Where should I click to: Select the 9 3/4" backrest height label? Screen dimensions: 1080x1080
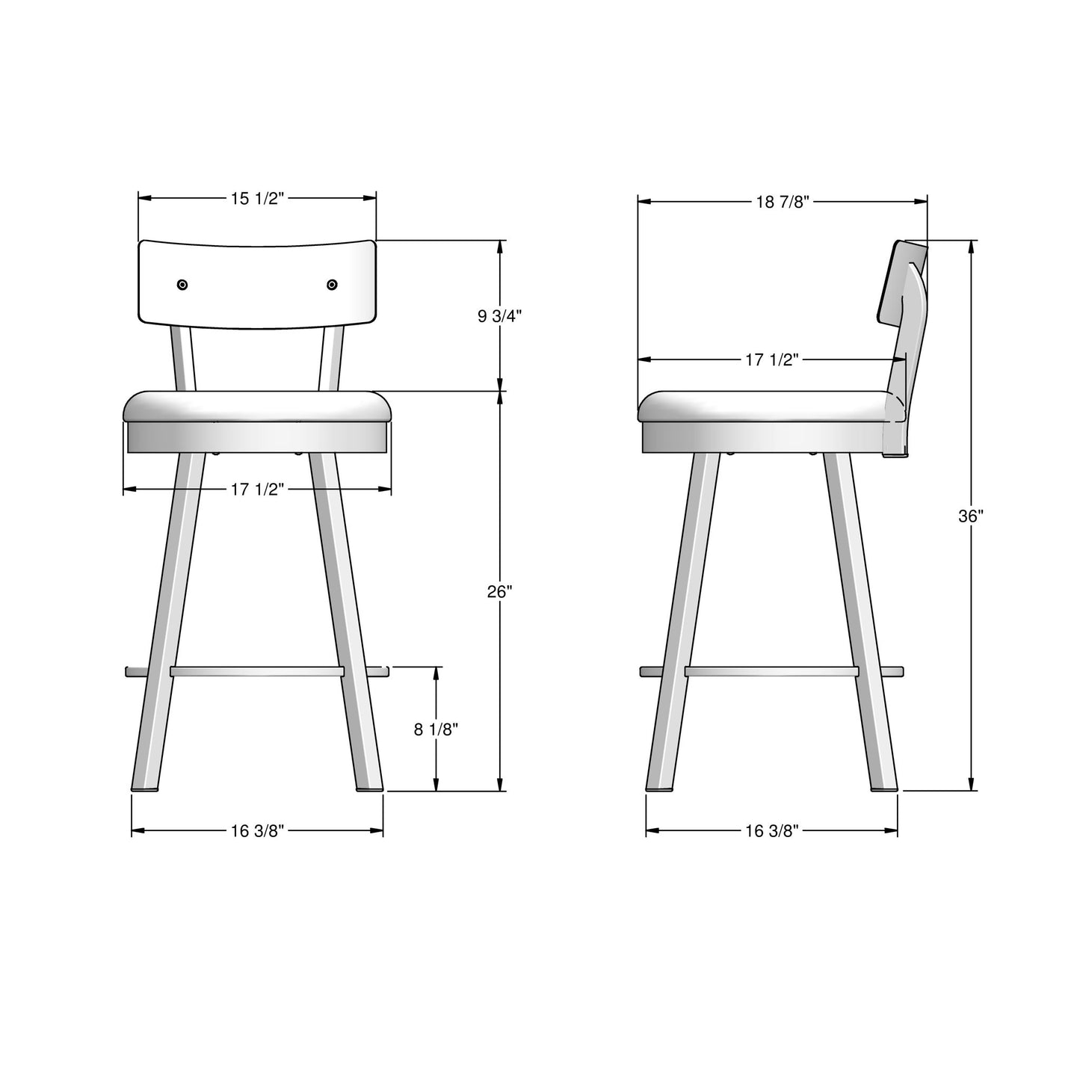click(x=499, y=316)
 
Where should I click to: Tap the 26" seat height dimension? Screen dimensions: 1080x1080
click(x=499, y=591)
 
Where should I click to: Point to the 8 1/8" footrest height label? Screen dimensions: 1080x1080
click(x=436, y=729)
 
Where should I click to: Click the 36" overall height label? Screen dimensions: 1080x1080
click(x=972, y=516)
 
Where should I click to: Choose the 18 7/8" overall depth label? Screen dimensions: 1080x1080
click(x=783, y=202)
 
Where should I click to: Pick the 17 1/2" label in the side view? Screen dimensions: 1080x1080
click(x=772, y=360)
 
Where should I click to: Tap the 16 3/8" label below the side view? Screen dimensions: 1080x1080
click(x=772, y=831)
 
